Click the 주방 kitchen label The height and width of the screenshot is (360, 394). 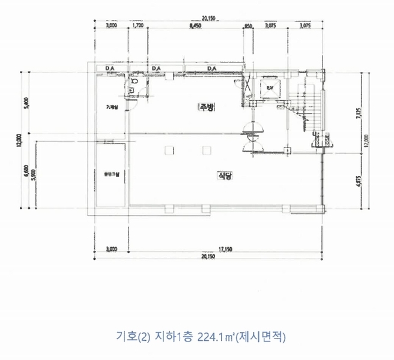click(x=207, y=107)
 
